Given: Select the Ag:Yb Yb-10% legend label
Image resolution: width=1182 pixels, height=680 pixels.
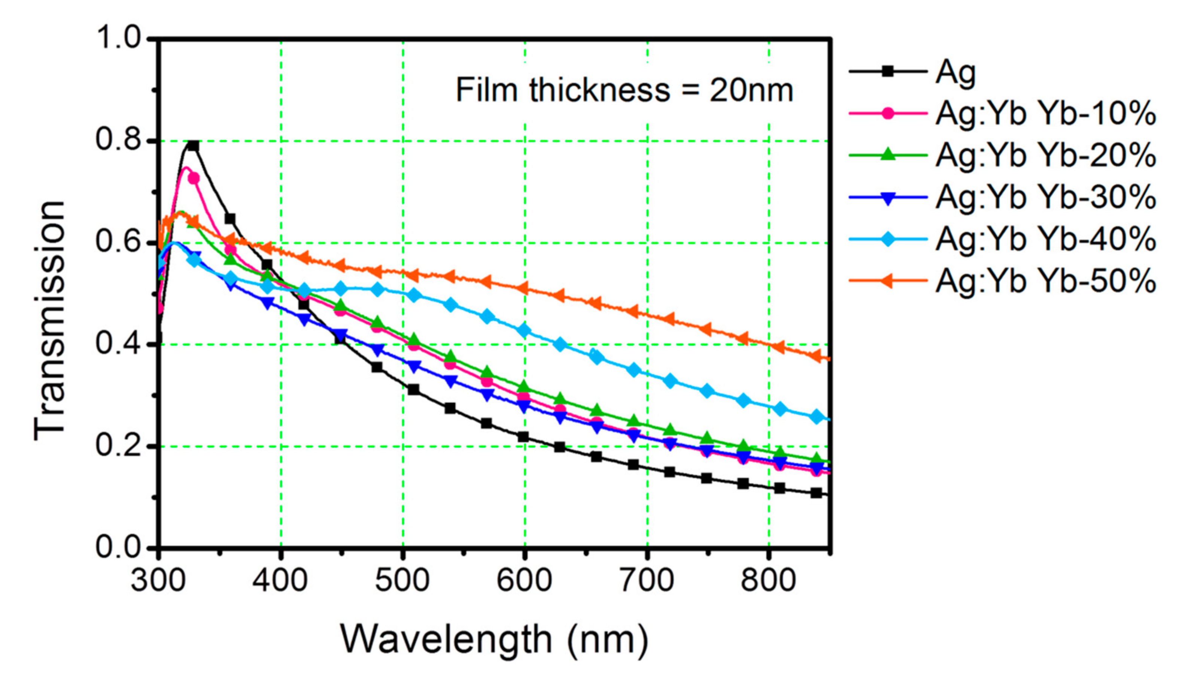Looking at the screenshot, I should [1045, 114].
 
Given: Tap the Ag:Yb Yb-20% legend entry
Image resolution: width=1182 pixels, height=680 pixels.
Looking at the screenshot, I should [1045, 155].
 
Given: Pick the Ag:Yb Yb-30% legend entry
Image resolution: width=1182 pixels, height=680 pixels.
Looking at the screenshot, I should [1045, 197].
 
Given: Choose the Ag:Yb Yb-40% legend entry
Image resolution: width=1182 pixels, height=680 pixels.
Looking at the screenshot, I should [1045, 239].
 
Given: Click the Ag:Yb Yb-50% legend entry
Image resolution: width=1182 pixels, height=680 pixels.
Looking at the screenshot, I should [1045, 281].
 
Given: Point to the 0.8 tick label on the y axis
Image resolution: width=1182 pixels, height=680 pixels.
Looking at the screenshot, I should [118, 140].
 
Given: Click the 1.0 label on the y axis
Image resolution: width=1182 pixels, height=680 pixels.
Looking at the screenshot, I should [118, 38].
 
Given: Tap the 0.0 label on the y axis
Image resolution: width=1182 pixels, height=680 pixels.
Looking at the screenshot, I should [118, 547].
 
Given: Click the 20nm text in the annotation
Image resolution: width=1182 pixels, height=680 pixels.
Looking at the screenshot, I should [751, 90].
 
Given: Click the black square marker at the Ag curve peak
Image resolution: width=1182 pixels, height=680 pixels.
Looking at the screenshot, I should [193, 146].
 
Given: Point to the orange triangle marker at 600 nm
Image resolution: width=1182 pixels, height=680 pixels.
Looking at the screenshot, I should [523, 288].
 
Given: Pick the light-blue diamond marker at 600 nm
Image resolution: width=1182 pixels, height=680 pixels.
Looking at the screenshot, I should [524, 330].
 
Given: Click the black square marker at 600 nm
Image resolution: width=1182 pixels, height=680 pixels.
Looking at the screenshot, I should [523, 437].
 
